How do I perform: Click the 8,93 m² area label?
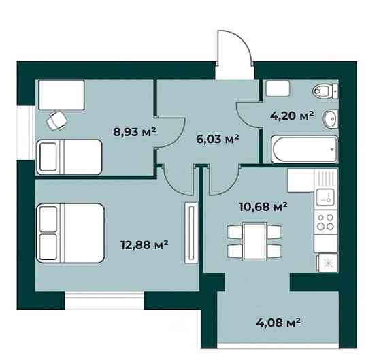[x=135, y=132]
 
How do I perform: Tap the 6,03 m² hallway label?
[x=217, y=139]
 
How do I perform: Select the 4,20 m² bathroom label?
[x=292, y=116]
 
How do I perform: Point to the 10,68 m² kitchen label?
[x=263, y=207]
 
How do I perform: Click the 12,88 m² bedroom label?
[x=144, y=244]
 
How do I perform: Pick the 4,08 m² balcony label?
[x=278, y=323]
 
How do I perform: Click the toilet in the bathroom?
[x=325, y=91]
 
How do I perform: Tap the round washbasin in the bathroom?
[x=330, y=118]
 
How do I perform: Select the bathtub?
[x=305, y=149]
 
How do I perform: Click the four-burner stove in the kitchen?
[x=326, y=222]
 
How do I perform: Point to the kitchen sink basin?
[x=325, y=197]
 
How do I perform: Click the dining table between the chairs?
[x=254, y=242]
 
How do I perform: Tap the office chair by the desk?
[x=57, y=120]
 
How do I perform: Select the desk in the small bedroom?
[x=61, y=95]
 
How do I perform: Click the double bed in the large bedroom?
[x=70, y=233]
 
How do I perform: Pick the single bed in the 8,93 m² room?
[x=69, y=157]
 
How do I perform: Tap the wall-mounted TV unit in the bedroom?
[x=191, y=232]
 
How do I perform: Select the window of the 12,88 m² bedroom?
[x=105, y=300]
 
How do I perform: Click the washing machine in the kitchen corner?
[x=327, y=263]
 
